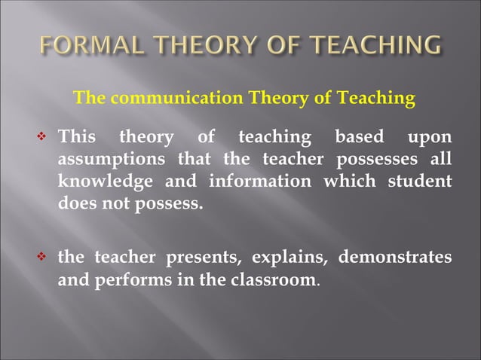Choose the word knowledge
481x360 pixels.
[x=100, y=182]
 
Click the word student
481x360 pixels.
[x=421, y=182]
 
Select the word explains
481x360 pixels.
[x=287, y=258]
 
